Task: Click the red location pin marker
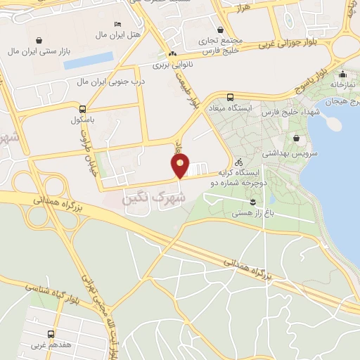(180, 166)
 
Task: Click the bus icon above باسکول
(83, 110)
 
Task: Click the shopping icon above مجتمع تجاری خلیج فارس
(221, 30)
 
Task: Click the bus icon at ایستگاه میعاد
(230, 97)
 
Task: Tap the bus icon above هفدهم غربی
(51, 334)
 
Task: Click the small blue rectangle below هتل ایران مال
(88, 60)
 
